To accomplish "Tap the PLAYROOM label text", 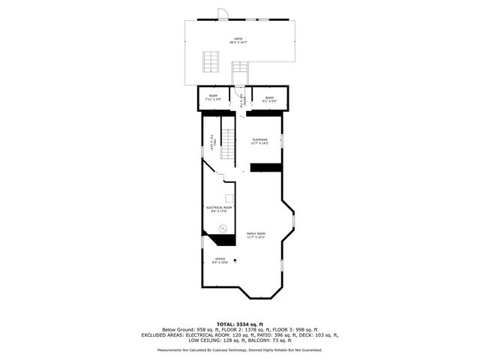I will pyautogui.click(x=260, y=140).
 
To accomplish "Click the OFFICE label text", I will pyautogui.click(x=220, y=260).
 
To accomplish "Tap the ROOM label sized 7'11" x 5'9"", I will pyautogui.click(x=213, y=97).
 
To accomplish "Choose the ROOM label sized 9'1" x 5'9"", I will pyautogui.click(x=269, y=97).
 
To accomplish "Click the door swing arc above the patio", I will pyautogui.click(x=220, y=13).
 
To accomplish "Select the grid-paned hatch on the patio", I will pyautogui.click(x=211, y=62).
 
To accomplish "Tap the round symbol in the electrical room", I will pyautogui.click(x=222, y=228).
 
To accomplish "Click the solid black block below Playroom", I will pyautogui.click(x=265, y=166).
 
